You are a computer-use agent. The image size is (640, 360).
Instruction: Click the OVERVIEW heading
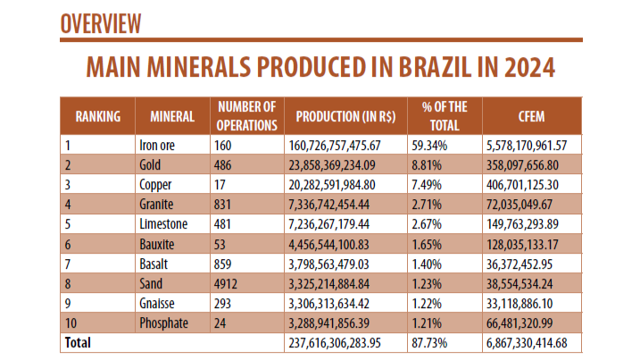click(x=102, y=23)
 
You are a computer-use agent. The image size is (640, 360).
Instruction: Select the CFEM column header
click(x=531, y=116)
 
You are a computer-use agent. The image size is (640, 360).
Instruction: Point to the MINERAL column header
click(x=172, y=116)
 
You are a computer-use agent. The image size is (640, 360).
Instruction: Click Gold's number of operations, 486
click(x=223, y=164)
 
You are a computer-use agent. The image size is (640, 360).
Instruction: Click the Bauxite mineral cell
click(x=158, y=244)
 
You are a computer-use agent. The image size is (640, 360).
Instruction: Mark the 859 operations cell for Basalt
click(x=223, y=264)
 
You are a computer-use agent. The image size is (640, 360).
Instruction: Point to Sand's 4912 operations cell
click(x=227, y=283)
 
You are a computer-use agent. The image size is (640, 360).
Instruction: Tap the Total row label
click(x=77, y=342)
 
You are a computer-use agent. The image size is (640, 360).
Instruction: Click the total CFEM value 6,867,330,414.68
click(x=533, y=342)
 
